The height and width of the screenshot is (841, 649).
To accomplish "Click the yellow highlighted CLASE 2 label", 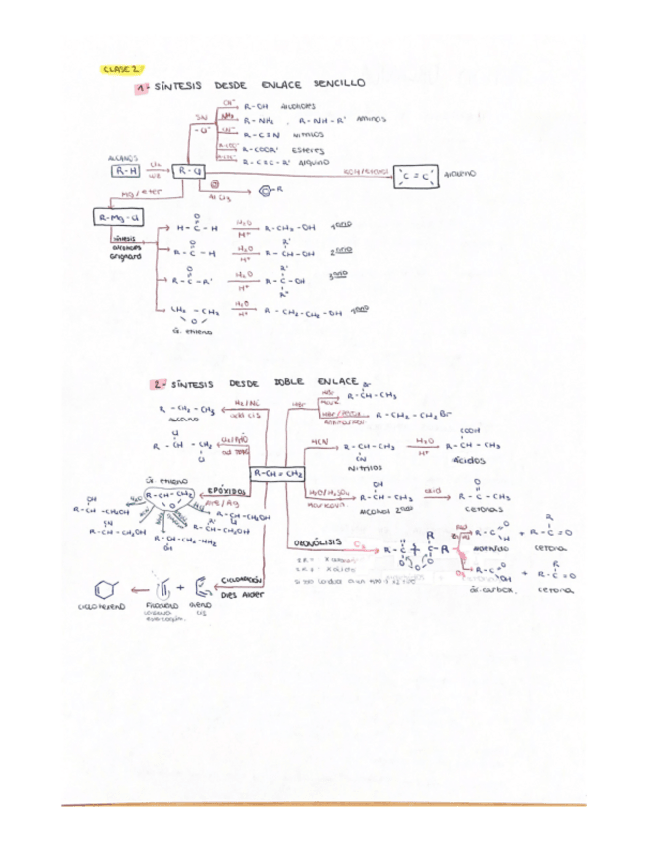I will tap(122, 69).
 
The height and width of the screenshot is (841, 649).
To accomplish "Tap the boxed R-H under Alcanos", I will tap(120, 171).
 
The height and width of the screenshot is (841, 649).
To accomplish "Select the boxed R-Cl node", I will tap(185, 171).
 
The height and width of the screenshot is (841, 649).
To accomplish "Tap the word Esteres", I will tap(306, 152).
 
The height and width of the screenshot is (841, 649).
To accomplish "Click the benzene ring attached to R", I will tap(266, 188).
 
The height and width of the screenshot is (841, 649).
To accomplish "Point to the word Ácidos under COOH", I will tap(468, 462).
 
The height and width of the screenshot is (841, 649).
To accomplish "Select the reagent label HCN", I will tap(321, 441).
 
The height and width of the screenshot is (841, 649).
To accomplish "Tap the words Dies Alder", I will tap(244, 598).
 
